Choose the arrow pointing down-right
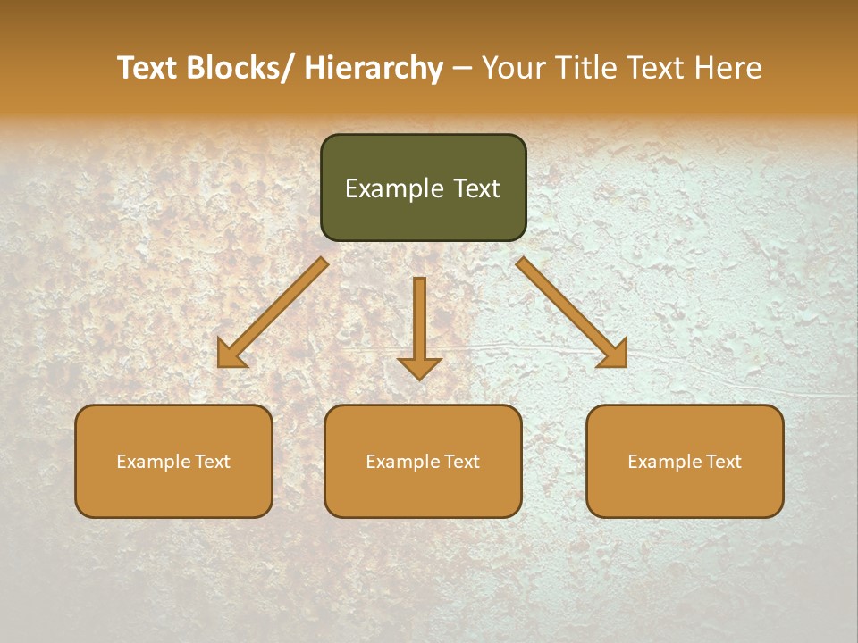pyautogui.click(x=572, y=313)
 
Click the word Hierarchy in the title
pyautogui.click(x=373, y=68)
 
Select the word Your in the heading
pyautogui.click(x=512, y=68)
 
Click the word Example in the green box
pyautogui.click(x=394, y=188)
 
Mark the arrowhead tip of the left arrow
pyautogui.click(x=220, y=365)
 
